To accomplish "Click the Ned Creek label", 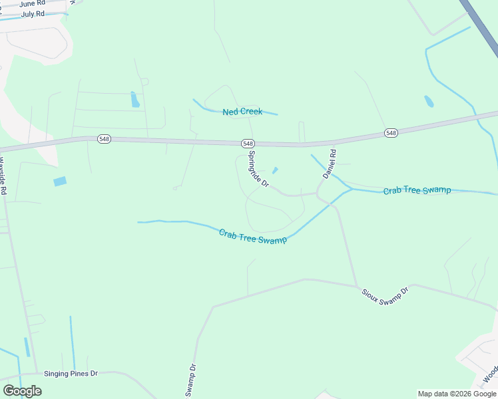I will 242,112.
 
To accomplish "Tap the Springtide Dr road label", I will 258,168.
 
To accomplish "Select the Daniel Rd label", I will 330,164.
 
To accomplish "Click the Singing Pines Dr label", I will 71,374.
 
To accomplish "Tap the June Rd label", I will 32,4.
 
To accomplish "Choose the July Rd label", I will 33,13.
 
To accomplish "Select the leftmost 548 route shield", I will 104,138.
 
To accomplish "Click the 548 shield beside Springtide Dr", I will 248,143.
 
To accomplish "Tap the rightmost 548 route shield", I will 391,133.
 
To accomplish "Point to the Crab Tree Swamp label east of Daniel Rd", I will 417,191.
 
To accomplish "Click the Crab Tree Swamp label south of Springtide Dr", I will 253,236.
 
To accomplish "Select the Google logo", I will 22,391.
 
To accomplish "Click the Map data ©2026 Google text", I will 457,394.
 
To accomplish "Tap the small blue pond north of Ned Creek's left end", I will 135,100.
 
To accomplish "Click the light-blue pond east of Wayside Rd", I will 60,181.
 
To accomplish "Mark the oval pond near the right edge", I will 429,102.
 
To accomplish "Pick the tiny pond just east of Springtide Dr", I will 274,171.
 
